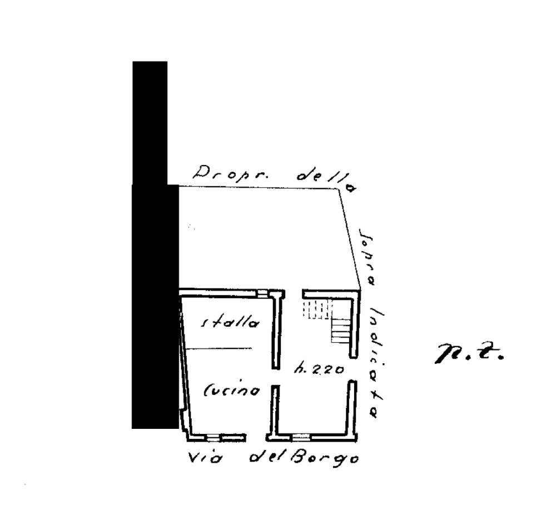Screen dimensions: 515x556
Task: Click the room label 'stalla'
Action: point(230,322)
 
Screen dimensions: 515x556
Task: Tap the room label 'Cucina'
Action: point(232,391)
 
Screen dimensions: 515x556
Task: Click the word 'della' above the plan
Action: point(326,178)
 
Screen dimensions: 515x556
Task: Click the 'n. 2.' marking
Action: point(468,353)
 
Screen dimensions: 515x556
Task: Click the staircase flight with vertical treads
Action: point(316,309)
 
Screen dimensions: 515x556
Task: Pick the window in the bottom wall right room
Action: point(301,437)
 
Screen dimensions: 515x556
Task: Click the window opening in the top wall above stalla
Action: point(264,292)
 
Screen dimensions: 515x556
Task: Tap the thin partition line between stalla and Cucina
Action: point(218,348)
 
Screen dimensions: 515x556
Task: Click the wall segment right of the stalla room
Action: point(275,333)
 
